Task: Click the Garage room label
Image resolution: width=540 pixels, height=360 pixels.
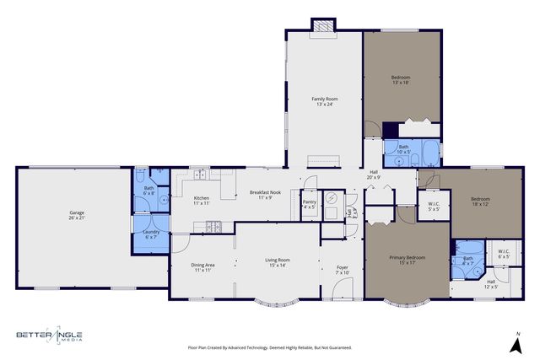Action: pos(77,215)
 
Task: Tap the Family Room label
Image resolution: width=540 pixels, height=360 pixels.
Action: pos(324,101)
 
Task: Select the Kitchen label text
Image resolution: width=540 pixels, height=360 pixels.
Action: pos(202,201)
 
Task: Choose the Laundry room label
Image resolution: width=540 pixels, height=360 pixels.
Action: pos(151,234)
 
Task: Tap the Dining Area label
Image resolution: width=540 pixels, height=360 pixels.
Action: pos(202,267)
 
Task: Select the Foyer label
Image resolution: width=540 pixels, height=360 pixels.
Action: pos(342,270)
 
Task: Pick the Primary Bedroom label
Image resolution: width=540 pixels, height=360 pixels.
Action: pos(407,260)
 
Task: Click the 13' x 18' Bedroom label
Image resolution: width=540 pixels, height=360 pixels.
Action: pos(401,80)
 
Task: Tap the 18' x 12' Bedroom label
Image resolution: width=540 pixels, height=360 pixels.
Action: pos(480,201)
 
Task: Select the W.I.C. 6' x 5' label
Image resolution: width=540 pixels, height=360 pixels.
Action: pos(504,254)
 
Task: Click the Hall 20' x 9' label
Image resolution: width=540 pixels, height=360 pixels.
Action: pos(374,176)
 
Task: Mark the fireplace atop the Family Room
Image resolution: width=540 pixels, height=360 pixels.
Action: pos(323,25)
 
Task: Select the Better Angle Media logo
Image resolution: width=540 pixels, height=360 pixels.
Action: pos(51,336)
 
